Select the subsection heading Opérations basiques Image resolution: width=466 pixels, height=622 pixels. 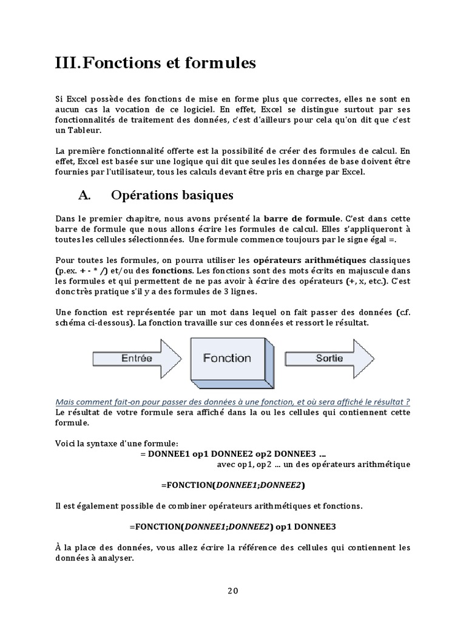pos(172,195)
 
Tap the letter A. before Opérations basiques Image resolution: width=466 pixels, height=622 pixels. pos(84,195)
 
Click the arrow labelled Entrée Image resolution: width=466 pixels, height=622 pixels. pos(135,358)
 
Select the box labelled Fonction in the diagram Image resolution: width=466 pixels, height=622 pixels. pos(228,359)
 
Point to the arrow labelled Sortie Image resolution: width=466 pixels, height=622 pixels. pos(328,358)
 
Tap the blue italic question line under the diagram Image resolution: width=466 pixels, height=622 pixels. pos(232,402)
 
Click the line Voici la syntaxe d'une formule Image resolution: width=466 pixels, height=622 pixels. pos(116,443)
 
